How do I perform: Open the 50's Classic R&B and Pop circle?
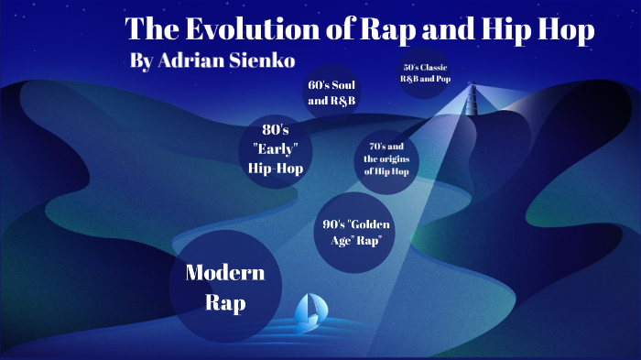(428, 73)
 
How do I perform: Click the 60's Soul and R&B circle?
(331, 93)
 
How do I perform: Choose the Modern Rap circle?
(224, 287)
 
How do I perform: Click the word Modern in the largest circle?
(224, 272)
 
